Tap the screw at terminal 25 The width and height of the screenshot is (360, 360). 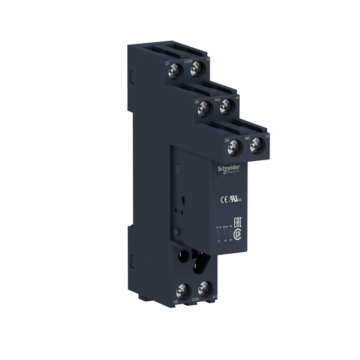pos(203,108)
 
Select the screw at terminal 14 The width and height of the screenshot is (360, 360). pos(226,108)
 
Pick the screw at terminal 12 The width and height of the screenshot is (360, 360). pos(256,146)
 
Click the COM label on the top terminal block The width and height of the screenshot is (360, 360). pos(188,62)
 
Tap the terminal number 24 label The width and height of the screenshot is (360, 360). pos(226,141)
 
